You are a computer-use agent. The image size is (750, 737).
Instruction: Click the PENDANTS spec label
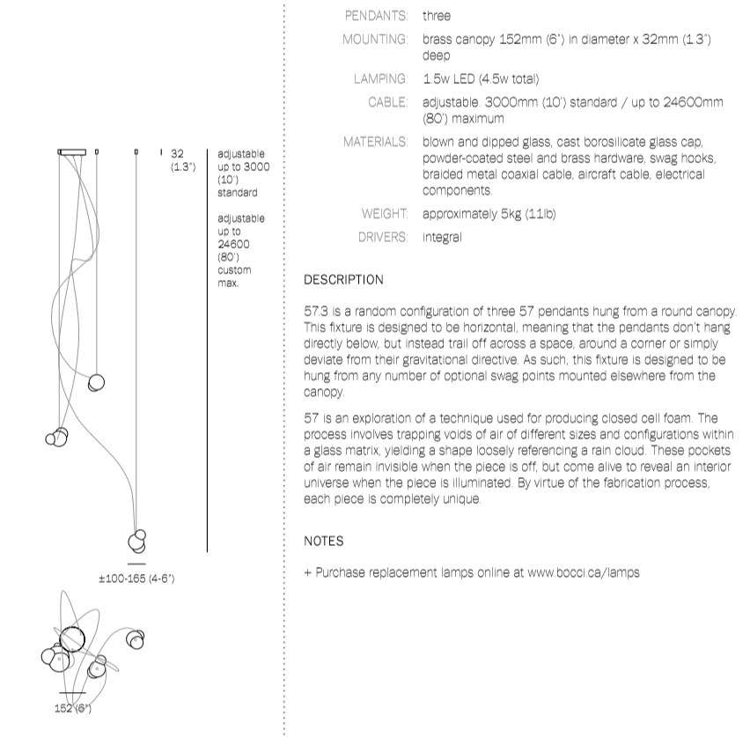[376, 16]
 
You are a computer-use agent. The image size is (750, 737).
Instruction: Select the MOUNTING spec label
[374, 40]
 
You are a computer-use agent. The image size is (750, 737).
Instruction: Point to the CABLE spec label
[387, 102]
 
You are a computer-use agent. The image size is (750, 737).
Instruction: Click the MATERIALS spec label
[376, 142]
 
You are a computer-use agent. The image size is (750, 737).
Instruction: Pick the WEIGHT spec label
[384, 214]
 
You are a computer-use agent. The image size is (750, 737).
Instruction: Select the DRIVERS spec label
[382, 237]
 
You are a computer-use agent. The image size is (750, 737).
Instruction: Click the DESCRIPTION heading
[343, 280]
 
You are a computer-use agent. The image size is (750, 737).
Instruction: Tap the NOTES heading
[323, 541]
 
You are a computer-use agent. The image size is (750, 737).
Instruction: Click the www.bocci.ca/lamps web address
[584, 572]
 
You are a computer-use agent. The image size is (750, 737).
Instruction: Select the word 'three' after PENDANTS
[437, 16]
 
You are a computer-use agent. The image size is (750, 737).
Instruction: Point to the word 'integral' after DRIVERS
[442, 237]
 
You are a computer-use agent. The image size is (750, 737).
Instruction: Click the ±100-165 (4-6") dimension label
[137, 579]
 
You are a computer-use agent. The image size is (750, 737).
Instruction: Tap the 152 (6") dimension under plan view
[73, 708]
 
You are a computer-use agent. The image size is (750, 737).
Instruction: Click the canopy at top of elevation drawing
[73, 151]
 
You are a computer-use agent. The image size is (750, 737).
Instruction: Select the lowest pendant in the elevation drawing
[136, 539]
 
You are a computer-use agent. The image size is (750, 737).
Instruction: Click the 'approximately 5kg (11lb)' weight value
[489, 214]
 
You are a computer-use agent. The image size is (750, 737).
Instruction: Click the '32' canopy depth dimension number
[178, 152]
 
